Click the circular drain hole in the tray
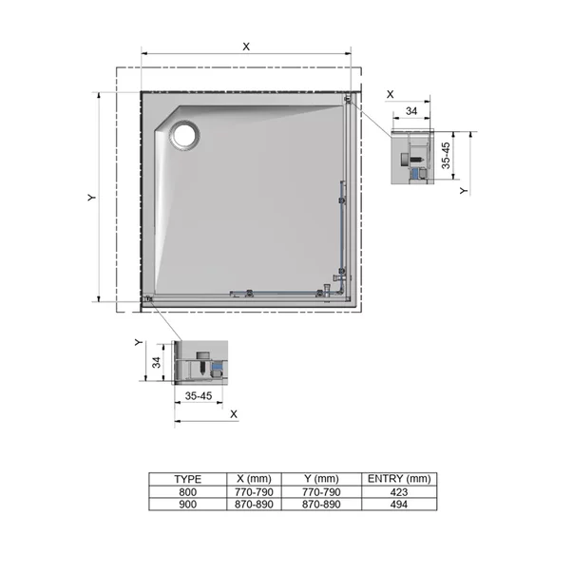coord(183,136)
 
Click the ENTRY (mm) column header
coord(399,479)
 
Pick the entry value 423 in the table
coord(399,492)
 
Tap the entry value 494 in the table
coord(399,505)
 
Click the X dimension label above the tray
coord(246,46)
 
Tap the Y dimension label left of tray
coord(91,198)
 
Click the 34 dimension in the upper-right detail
coord(411,112)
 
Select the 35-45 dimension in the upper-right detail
coord(447,153)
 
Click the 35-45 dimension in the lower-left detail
coord(199,395)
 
